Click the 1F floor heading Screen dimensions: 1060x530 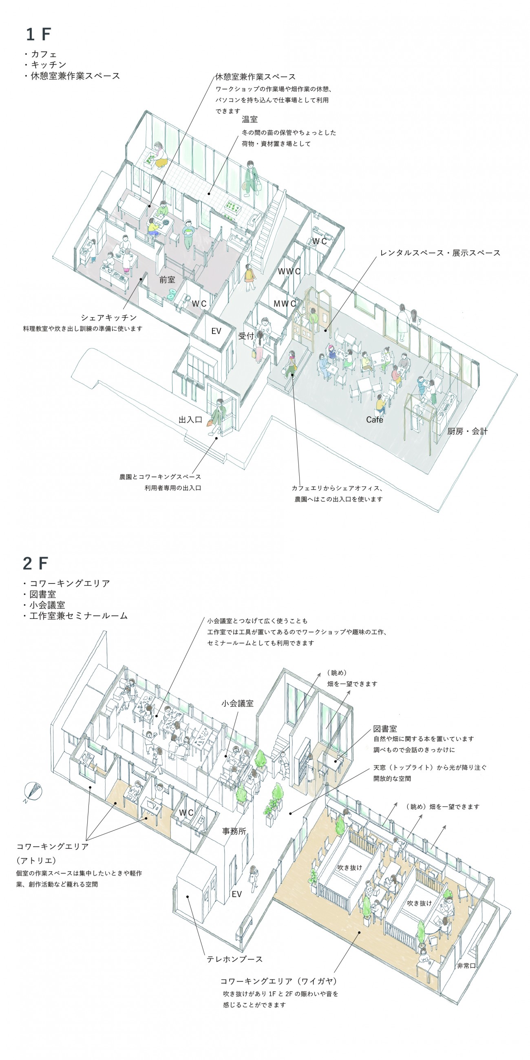pyautogui.click(x=38, y=34)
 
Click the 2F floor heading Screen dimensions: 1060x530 pyautogui.click(x=35, y=563)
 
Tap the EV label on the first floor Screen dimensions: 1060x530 pyautogui.click(x=216, y=331)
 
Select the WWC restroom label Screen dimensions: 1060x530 pyautogui.click(x=289, y=272)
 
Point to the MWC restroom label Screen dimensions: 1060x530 pyautogui.click(x=285, y=304)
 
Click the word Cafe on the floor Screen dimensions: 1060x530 pyautogui.click(x=374, y=420)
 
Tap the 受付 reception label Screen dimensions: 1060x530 pyautogui.click(x=246, y=336)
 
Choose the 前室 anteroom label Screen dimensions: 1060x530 pyautogui.click(x=167, y=280)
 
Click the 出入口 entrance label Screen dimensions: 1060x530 pyautogui.click(x=190, y=420)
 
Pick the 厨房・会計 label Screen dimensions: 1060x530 pyautogui.click(x=467, y=431)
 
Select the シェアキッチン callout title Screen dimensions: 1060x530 pyautogui.click(x=108, y=318)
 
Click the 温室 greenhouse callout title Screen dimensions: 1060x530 pyautogui.click(x=250, y=119)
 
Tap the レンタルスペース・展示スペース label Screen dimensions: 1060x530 pyautogui.click(x=440, y=253)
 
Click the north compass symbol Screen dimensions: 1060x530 pyautogui.click(x=33, y=792)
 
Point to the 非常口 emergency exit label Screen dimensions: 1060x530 pyautogui.click(x=466, y=966)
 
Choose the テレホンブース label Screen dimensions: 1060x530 pyautogui.click(x=234, y=959)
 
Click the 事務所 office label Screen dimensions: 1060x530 pyautogui.click(x=234, y=831)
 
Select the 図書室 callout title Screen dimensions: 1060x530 pyautogui.click(x=385, y=729)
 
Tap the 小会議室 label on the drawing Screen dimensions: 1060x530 pyautogui.click(x=237, y=703)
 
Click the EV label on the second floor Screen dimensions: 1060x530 pyautogui.click(x=236, y=894)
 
